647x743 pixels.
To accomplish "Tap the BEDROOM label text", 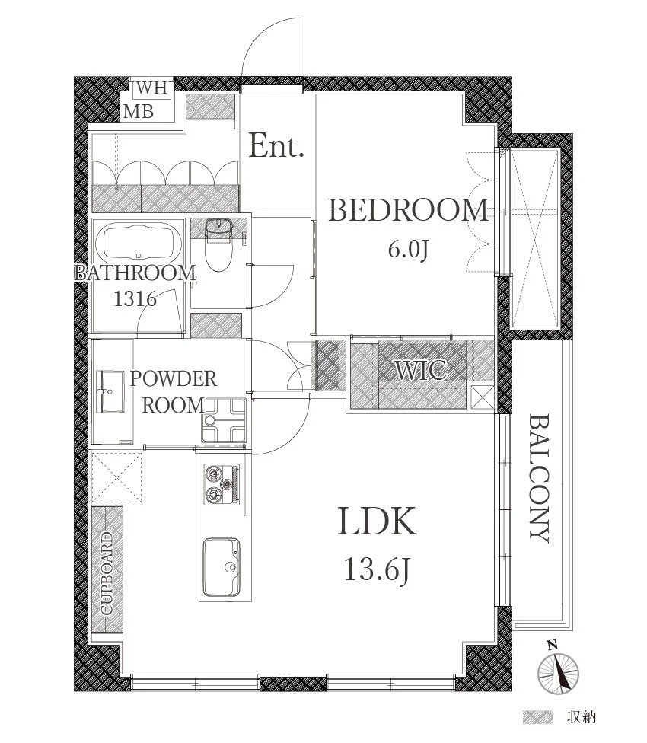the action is tap(408, 210).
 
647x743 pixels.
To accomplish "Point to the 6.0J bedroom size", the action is tap(408, 249).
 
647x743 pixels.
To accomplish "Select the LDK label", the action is tap(377, 521).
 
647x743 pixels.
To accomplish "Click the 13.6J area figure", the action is tap(377, 569).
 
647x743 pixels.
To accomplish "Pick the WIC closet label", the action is tap(422, 370).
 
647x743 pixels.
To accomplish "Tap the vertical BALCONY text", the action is tap(539, 479).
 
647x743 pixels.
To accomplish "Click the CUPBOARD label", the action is tap(107, 573).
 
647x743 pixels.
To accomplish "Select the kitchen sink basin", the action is tap(222, 567).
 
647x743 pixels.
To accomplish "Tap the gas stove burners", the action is tap(222, 484).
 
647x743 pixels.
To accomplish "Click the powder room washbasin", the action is tap(110, 391).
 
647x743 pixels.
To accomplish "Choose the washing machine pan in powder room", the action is tap(224, 419).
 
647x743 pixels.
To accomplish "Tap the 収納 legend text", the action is tap(582, 717).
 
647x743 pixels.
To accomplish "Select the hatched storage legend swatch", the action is tap(537, 717).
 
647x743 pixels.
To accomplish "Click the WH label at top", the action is tap(152, 88).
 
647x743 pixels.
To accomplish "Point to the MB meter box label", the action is tap(139, 112).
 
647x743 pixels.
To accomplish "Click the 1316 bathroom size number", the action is tap(135, 299).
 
